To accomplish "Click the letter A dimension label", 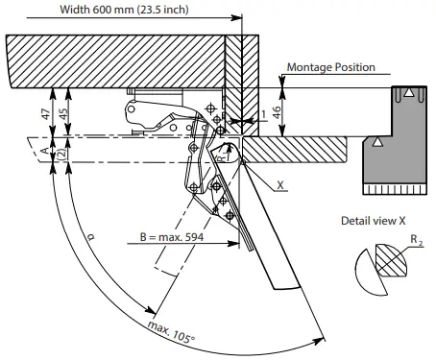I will click(45, 151).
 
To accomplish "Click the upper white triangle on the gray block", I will click(410, 92).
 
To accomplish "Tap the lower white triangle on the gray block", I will click(379, 142).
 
